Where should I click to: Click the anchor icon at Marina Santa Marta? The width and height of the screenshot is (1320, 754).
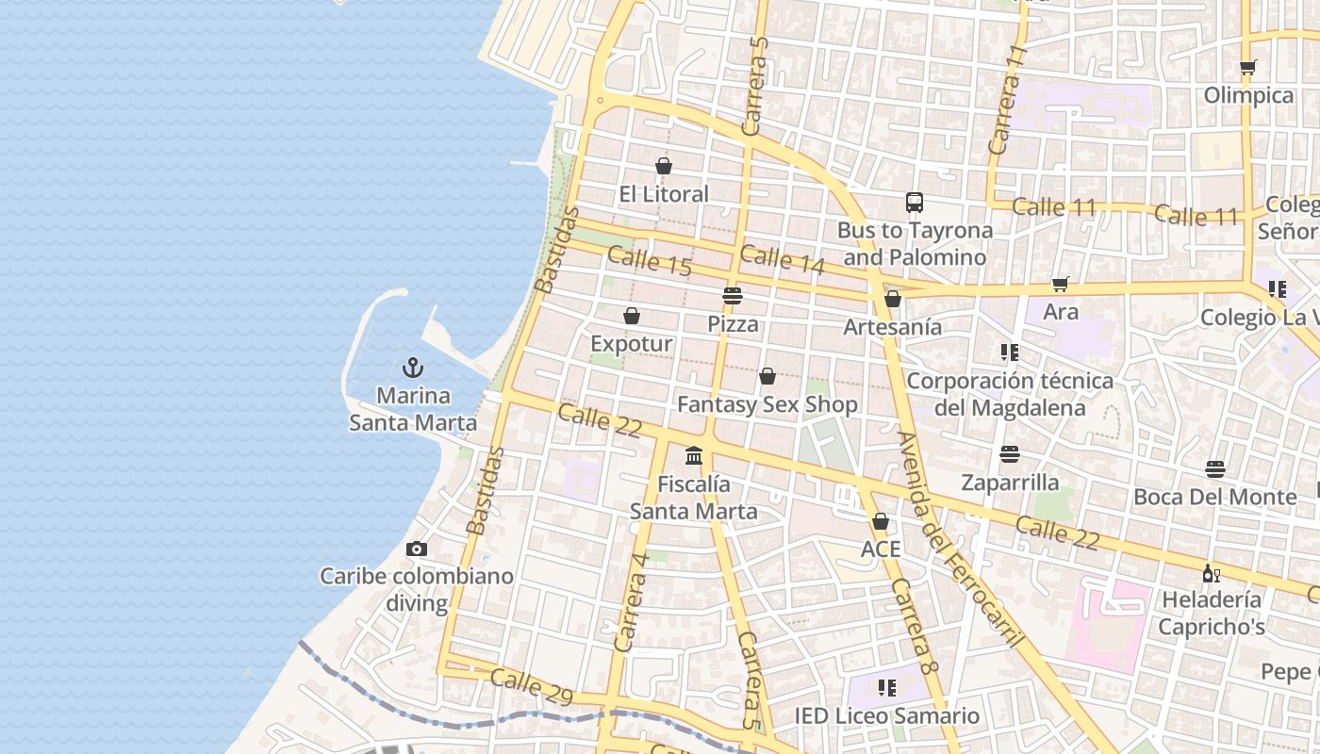[x=412, y=368]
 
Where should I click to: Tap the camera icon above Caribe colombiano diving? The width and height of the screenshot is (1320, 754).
[x=416, y=549]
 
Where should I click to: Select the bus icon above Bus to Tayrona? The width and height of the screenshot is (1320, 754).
[x=914, y=203]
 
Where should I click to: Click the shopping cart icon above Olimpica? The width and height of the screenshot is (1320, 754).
[x=1248, y=68]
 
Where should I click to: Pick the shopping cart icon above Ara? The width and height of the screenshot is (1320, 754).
[x=1061, y=284]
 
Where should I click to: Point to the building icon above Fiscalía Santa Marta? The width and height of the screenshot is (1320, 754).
[x=694, y=456]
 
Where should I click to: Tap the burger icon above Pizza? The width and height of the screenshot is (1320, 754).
[x=733, y=296]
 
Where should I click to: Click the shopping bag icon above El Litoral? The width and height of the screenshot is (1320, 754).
[x=664, y=167]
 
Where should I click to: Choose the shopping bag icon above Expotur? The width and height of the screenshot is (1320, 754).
[x=632, y=316]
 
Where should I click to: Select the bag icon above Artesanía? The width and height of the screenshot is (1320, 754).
[x=892, y=300]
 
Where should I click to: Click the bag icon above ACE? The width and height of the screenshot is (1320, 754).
[x=881, y=521]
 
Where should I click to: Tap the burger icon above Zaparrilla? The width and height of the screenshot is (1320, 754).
[x=1010, y=455]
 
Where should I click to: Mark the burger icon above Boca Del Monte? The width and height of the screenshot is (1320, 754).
[x=1214, y=469]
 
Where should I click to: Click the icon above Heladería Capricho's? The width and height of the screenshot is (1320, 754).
[x=1211, y=572]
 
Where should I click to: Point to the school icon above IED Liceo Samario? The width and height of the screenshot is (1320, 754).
[x=886, y=688]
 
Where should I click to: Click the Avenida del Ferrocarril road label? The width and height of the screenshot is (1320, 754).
[x=960, y=539]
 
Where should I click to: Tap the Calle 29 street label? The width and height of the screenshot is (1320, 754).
[x=532, y=687]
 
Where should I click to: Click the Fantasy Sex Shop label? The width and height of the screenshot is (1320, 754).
[x=767, y=405]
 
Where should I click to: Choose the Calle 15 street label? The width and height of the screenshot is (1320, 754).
[x=650, y=260]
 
